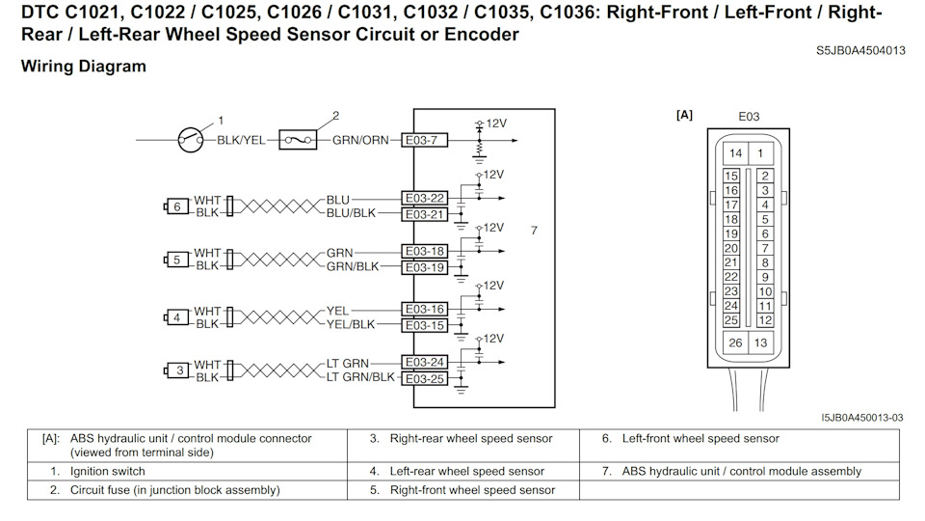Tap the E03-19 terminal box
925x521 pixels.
(425, 267)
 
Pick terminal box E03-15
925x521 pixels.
(425, 325)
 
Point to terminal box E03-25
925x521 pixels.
(425, 378)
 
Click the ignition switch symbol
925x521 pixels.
(190, 140)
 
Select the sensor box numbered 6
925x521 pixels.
(176, 206)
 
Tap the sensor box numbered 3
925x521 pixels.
(176, 370)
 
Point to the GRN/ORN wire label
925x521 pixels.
(360, 140)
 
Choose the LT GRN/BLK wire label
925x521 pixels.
(360, 377)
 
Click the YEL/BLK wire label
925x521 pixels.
(351, 325)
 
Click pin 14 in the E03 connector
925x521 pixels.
(735, 153)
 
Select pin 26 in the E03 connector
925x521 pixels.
(735, 343)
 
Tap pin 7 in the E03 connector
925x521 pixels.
(764, 248)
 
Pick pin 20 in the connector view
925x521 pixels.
(731, 248)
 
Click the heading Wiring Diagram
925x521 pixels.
(83, 67)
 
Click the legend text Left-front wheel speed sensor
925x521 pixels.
(700, 439)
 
